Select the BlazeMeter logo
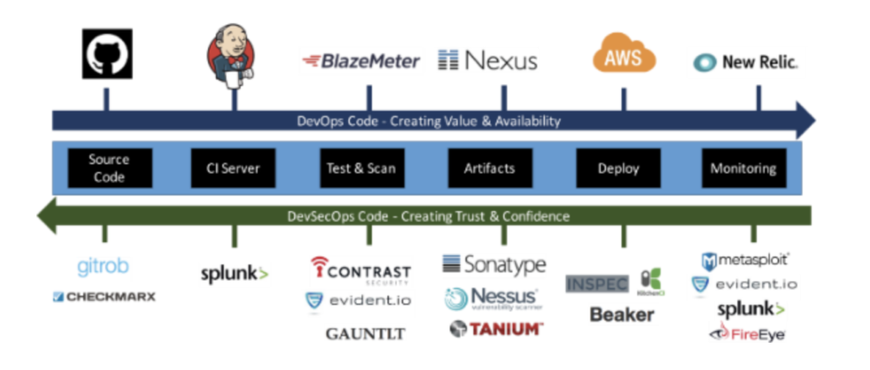coord(360,61)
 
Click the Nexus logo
coord(488,60)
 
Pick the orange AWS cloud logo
coord(624,55)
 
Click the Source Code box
coord(109,168)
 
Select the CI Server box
coord(234,168)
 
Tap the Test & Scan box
coord(361,168)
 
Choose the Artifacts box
coord(489,168)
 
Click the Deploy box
coord(618,168)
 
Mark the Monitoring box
coord(743,168)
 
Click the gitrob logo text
coord(103,267)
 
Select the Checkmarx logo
coord(104,297)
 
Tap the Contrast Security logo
coord(361,271)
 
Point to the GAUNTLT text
coord(365,334)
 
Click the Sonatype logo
coord(494,265)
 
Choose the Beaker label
coord(622,315)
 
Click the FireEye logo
coord(748,334)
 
